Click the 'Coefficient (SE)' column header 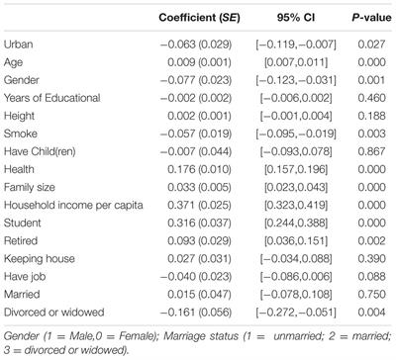(x=192, y=17)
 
